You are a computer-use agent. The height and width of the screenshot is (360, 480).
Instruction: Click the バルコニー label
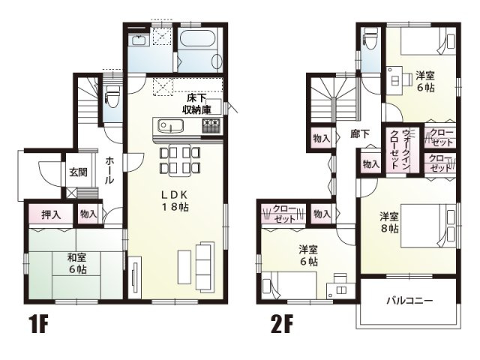click(x=409, y=301)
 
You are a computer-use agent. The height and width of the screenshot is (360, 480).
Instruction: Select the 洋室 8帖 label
click(x=389, y=222)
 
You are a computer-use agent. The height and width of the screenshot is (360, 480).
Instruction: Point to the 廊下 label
click(x=360, y=135)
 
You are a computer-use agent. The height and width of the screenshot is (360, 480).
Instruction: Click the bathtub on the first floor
click(x=198, y=48)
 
